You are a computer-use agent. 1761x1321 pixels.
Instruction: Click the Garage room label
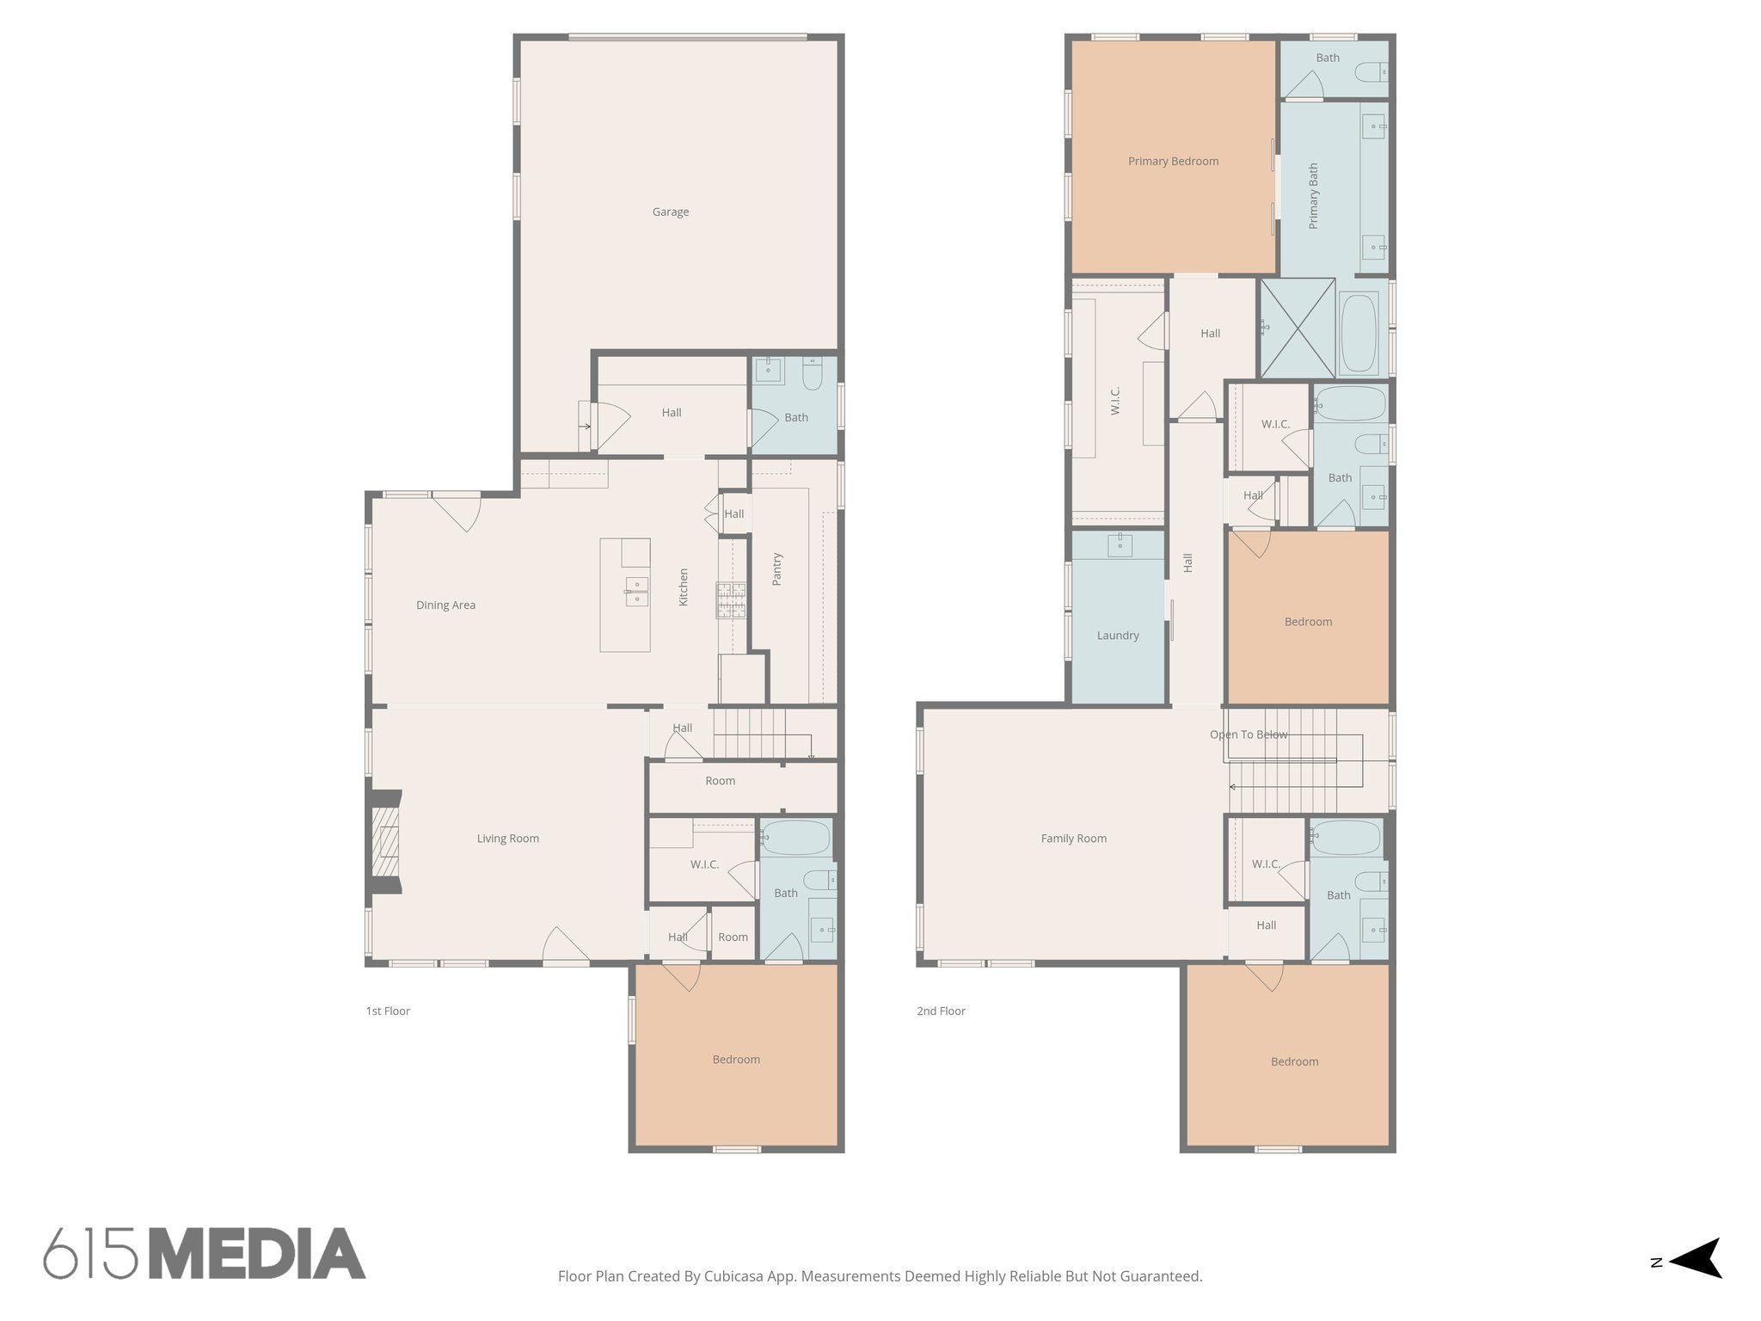[670, 212]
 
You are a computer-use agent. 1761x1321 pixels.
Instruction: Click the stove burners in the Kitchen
[732, 600]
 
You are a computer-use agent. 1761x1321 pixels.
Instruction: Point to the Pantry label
[776, 569]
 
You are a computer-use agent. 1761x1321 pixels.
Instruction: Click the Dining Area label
[445, 605]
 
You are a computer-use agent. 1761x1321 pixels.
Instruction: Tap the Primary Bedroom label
[1173, 161]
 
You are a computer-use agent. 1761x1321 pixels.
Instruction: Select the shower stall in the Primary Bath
[1298, 328]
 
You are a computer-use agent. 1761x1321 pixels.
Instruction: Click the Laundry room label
[1118, 636]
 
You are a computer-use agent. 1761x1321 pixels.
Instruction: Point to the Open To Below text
[1249, 734]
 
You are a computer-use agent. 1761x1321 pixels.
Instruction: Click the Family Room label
[1073, 838]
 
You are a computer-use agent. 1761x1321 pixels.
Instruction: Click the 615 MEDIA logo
[205, 1253]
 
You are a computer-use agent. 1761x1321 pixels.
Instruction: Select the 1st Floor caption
[388, 1011]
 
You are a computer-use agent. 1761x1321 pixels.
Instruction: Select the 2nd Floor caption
[941, 1011]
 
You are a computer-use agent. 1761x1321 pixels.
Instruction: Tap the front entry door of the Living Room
[566, 948]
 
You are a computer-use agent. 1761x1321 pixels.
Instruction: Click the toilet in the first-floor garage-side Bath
[813, 374]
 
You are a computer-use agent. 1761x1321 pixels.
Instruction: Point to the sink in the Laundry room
[1120, 544]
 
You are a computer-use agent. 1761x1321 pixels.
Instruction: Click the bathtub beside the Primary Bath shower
[1359, 333]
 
